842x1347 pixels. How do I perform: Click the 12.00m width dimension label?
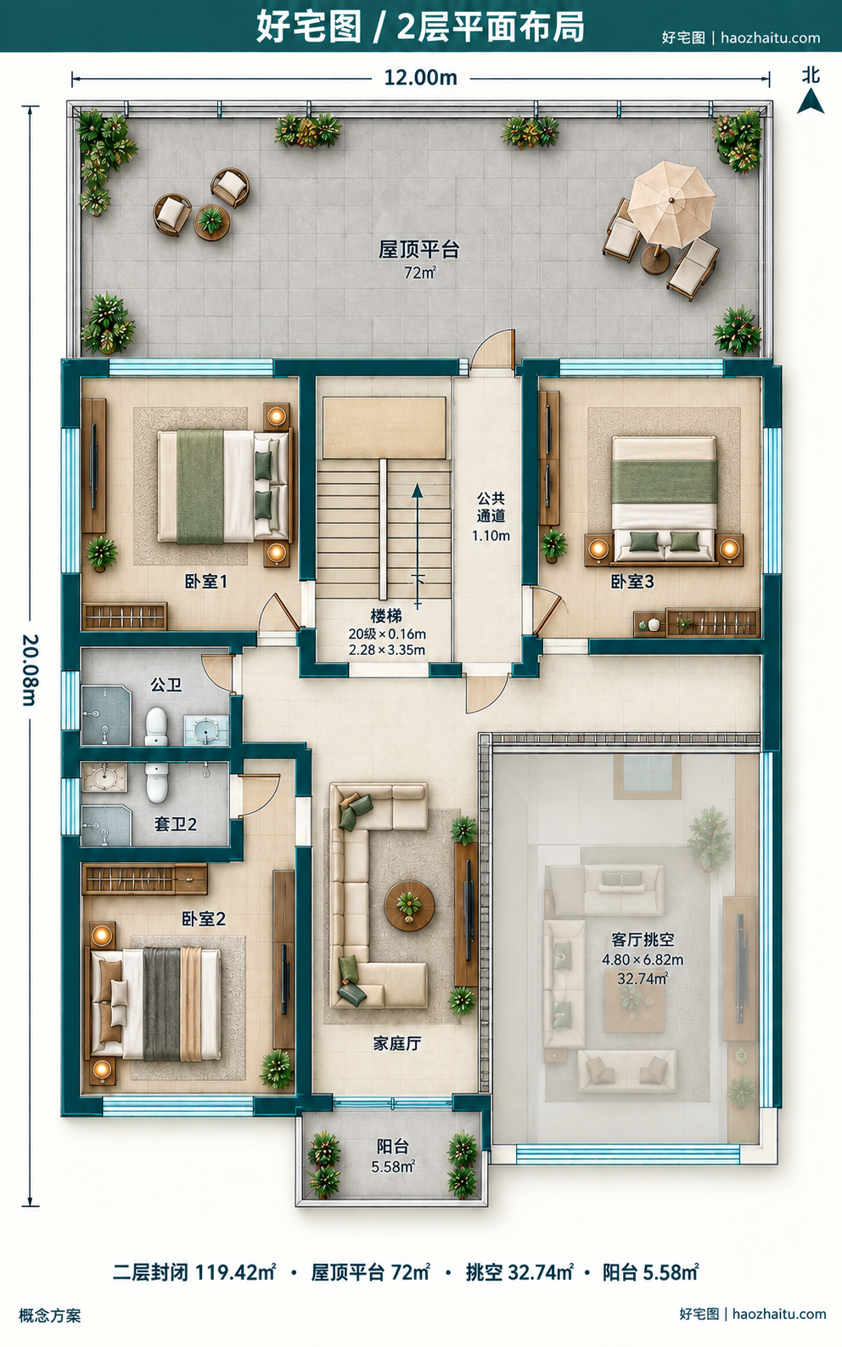(x=421, y=78)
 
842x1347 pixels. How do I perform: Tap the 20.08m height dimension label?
(x=30, y=669)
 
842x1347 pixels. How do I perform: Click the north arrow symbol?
(x=810, y=100)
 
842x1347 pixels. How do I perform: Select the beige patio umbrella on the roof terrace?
(x=671, y=204)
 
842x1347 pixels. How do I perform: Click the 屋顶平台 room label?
(x=419, y=250)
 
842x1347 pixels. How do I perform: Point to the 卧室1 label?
(x=205, y=582)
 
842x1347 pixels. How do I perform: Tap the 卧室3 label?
(x=632, y=582)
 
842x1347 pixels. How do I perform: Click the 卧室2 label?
(x=204, y=919)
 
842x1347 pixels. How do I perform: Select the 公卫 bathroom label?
(x=166, y=685)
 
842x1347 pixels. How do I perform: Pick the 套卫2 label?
(x=176, y=824)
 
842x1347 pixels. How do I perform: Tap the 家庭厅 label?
(x=397, y=1043)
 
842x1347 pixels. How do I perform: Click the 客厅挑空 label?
(x=643, y=939)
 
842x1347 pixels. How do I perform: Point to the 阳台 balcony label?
(x=393, y=1147)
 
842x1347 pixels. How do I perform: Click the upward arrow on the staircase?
(x=417, y=546)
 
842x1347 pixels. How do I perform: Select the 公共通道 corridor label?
(x=491, y=507)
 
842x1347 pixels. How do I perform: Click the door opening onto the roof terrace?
(x=494, y=349)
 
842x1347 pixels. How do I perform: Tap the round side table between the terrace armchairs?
(x=211, y=222)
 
